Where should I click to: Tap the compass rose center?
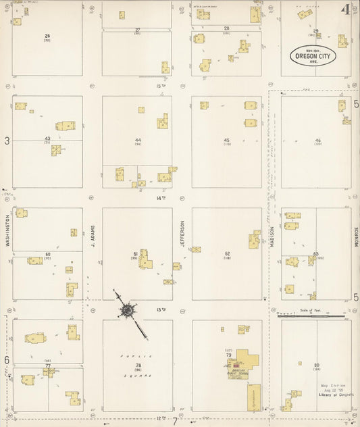coord(127,310)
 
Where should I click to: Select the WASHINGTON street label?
coord(8,230)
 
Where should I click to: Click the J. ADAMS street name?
coord(93,236)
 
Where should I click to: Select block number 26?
coord(47,35)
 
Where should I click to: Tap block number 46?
coord(317,141)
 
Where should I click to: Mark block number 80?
coord(316,366)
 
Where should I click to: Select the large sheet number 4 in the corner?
coord(345,9)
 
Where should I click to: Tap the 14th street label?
coord(161,198)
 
